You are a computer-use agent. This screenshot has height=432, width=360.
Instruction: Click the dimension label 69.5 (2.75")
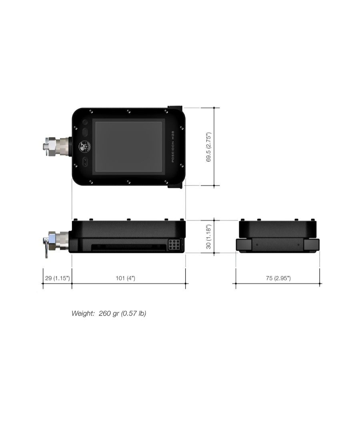click(208, 147)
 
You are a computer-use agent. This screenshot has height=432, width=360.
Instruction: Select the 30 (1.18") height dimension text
click(208, 236)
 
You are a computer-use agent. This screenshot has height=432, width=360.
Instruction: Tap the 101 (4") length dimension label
click(128, 278)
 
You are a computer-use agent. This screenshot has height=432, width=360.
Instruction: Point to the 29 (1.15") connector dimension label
click(57, 278)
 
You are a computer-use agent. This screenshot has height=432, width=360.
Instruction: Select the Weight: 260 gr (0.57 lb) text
click(109, 313)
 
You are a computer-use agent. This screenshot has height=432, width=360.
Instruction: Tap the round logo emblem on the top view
click(84, 147)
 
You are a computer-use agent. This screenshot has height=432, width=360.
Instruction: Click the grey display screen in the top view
click(128, 147)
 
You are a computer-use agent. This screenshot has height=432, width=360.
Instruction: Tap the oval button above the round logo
click(85, 132)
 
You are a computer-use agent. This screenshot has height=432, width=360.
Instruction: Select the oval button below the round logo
click(85, 162)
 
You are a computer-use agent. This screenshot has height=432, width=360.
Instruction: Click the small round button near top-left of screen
click(85, 122)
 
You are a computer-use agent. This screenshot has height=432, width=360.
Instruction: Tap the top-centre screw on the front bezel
click(128, 111)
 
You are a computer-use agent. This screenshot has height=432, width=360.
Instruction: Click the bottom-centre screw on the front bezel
click(128, 182)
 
